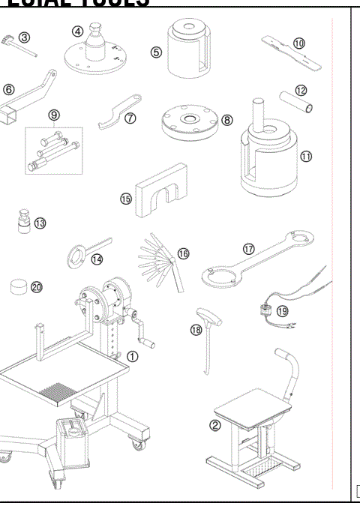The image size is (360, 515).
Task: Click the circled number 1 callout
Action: tap(132, 356)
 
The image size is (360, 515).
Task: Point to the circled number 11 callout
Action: tap(305, 157)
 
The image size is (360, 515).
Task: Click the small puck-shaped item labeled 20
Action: tap(18, 286)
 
